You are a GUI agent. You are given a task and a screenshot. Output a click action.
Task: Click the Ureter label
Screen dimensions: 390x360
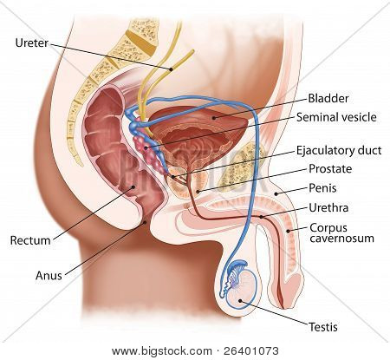32,43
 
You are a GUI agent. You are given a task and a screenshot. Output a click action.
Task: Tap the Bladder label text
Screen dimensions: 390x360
328,98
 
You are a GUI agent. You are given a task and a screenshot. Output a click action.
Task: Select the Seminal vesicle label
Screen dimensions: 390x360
336,117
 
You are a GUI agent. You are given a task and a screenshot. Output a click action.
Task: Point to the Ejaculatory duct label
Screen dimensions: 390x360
339,151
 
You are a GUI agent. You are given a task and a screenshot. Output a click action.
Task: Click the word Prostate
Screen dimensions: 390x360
330,169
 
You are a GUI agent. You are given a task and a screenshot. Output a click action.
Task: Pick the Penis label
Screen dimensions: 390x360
322,188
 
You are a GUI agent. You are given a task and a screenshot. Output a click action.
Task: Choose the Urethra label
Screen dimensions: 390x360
328,207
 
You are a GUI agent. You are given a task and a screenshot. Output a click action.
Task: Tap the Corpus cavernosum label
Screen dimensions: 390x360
341,233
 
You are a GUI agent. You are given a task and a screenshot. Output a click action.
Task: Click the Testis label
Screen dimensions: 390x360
323,327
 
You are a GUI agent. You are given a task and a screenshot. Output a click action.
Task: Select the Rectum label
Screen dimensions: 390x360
30,240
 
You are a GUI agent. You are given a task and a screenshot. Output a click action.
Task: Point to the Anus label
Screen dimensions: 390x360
49,276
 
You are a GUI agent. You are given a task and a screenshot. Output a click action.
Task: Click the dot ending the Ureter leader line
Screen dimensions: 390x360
171,69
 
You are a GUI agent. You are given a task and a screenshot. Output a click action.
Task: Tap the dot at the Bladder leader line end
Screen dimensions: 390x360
214,118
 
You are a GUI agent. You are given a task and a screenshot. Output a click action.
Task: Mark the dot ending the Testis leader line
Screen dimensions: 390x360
240,301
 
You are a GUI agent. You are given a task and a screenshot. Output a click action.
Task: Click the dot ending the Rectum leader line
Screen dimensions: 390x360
133,187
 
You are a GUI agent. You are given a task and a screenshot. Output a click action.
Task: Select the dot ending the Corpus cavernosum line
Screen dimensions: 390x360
288,231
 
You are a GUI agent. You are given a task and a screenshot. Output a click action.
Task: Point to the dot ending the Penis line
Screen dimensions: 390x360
276,193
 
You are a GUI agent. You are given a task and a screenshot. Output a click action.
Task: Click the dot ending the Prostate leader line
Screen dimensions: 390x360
198,191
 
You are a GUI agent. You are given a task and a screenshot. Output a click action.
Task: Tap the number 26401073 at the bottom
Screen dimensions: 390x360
251,351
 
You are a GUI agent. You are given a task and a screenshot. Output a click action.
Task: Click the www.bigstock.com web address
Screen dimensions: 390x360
162,351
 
